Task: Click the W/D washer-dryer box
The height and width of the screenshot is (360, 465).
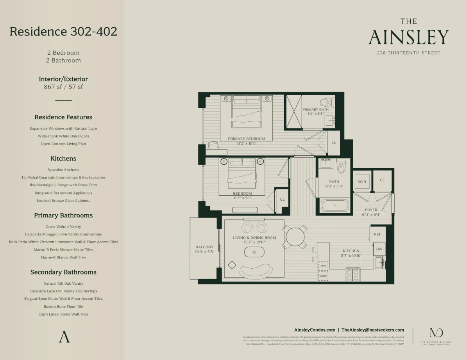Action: coord(361,182)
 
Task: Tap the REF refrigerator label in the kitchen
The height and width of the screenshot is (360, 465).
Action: coord(377,234)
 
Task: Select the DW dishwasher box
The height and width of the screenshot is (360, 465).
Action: coord(379,249)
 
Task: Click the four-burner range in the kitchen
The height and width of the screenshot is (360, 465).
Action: coord(353,275)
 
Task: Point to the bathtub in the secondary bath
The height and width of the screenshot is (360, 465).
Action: coord(334,205)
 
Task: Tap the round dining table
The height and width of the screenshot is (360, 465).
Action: coord(295,237)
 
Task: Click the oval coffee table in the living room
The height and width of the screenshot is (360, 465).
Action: coord(254,252)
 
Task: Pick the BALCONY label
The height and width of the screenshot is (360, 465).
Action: coord(204,247)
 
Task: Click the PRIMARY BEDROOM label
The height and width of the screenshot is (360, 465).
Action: coord(246,139)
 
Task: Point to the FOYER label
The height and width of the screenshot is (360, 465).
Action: coord(371,210)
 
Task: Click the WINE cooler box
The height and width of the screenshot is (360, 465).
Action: coord(323,276)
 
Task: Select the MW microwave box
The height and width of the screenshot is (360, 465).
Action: coord(323,266)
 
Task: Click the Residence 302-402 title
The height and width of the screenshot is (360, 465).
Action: coord(63,31)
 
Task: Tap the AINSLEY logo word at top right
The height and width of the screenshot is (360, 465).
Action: coord(408,37)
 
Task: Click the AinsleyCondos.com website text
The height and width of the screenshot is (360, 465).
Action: coord(315,330)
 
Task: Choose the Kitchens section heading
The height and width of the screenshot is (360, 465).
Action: coord(63,159)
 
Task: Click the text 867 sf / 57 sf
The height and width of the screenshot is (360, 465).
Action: coord(63,87)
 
